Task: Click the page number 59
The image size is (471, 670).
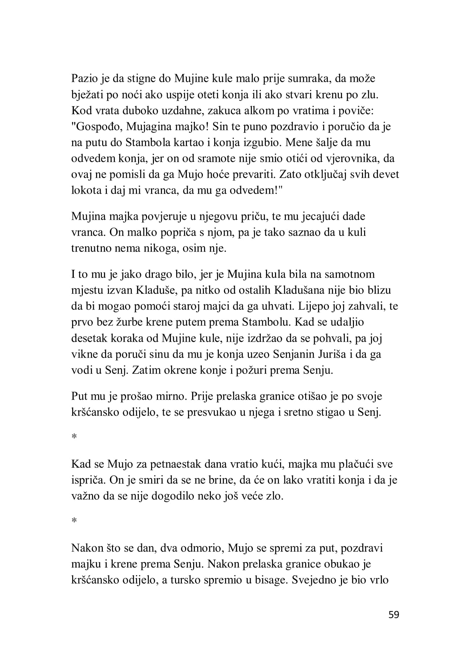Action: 393,614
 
